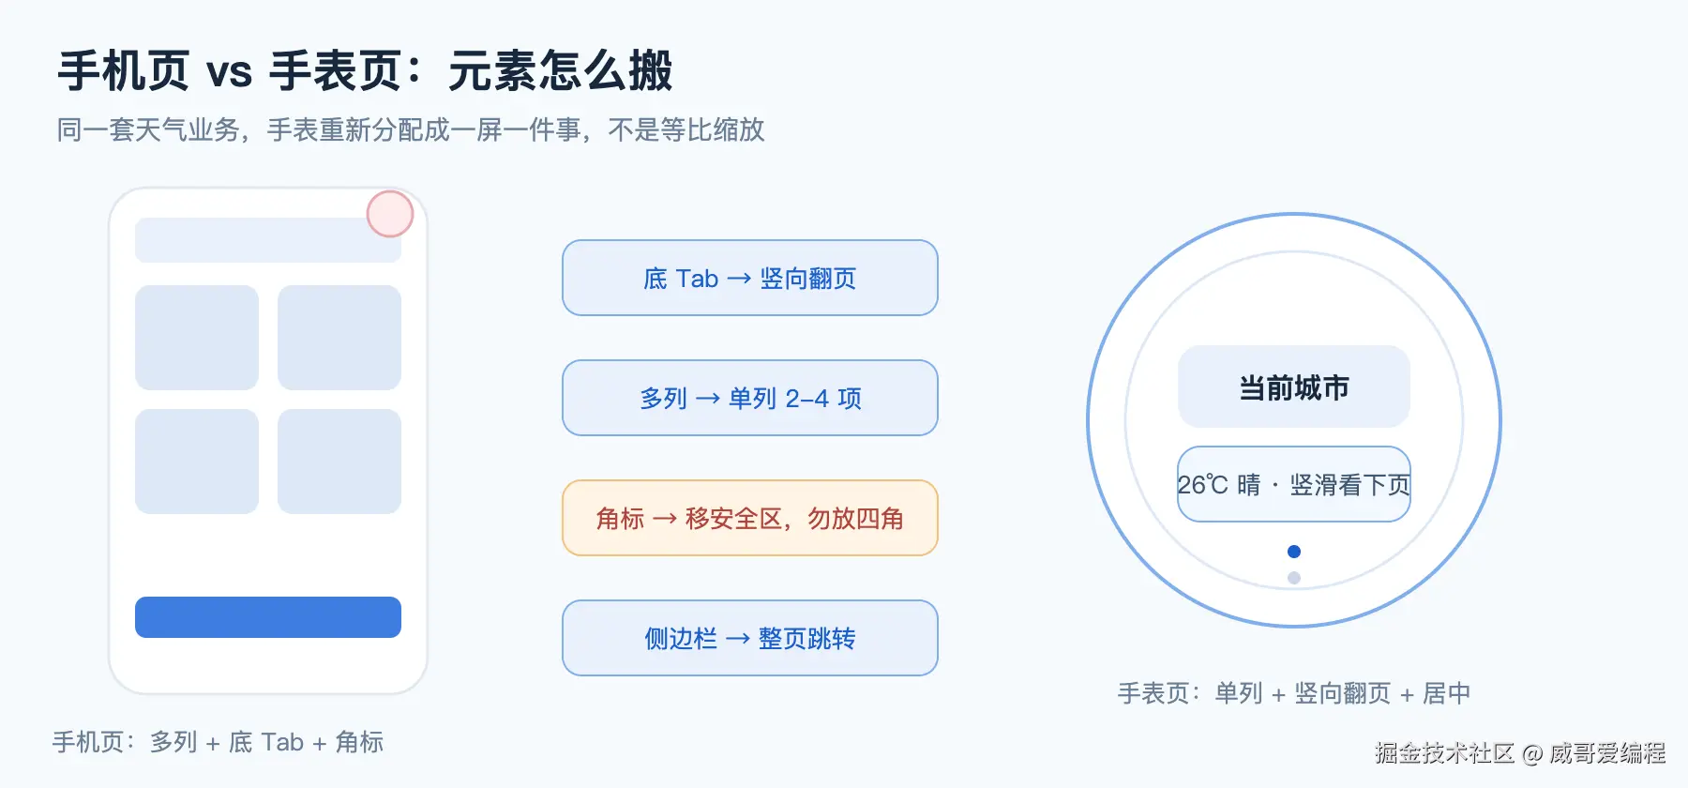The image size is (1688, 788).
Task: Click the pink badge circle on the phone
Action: point(390,214)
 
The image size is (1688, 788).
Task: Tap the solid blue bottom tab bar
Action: point(268,617)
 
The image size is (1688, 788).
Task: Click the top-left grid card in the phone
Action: point(197,338)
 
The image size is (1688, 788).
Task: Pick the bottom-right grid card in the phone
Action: point(339,462)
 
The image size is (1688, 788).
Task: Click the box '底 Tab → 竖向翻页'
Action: point(750,278)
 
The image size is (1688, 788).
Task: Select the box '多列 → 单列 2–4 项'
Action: point(750,398)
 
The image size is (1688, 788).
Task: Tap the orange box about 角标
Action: point(750,518)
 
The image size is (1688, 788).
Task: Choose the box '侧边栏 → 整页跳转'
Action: point(750,638)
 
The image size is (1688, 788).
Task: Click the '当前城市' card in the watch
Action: point(1294,386)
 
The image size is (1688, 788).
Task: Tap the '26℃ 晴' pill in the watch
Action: point(1294,484)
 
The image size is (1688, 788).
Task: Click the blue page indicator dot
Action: point(1294,552)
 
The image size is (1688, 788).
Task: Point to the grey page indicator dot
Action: point(1294,578)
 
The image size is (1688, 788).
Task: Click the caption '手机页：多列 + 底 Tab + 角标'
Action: point(218,742)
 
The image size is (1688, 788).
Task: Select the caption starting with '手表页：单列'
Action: point(1294,693)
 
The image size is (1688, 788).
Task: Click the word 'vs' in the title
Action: point(230,72)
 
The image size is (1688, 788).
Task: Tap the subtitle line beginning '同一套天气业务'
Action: point(411,129)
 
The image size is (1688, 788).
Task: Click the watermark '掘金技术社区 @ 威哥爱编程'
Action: point(1520,752)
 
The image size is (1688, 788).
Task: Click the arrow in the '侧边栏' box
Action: point(738,639)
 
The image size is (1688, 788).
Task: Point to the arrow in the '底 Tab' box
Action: point(739,279)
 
